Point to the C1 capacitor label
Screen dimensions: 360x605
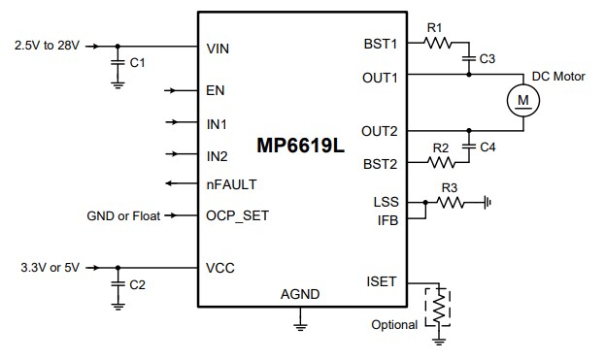[137, 63]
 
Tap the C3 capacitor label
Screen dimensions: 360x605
[487, 59]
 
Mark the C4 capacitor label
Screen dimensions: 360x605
[487, 147]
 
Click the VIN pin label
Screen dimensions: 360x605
[218, 46]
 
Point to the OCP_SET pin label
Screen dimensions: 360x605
[237, 215]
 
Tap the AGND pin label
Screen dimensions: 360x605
[300, 294]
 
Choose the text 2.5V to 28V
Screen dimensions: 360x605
[48, 46]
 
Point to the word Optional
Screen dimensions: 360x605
[395, 324]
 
